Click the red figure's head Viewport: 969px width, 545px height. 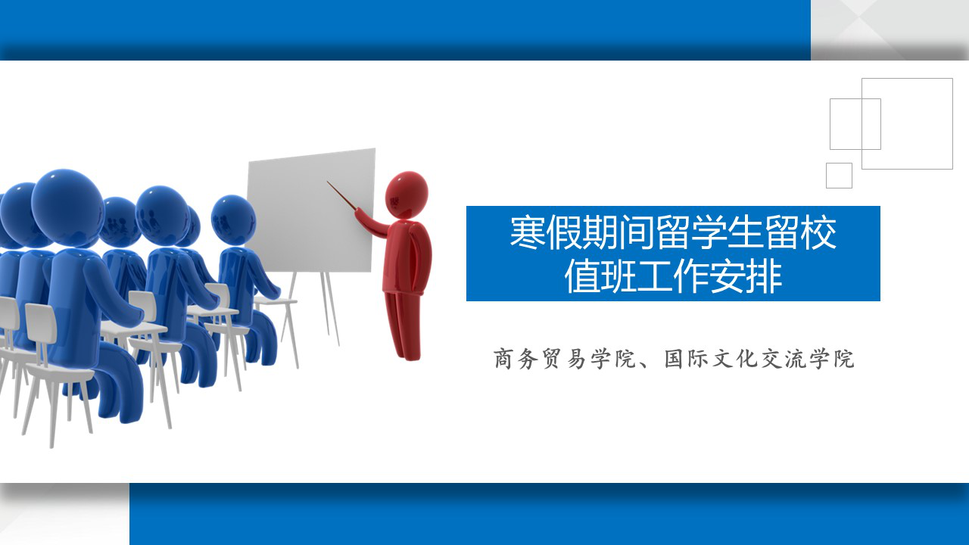pyautogui.click(x=407, y=195)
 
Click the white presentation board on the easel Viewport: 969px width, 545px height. pyautogui.click(x=310, y=210)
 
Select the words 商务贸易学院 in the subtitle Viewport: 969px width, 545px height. pyautogui.click(x=565, y=359)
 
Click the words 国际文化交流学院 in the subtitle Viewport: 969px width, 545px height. pyautogui.click(x=759, y=359)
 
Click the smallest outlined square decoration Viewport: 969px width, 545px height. pyautogui.click(x=840, y=176)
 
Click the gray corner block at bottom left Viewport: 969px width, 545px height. pyautogui.click(x=64, y=514)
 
